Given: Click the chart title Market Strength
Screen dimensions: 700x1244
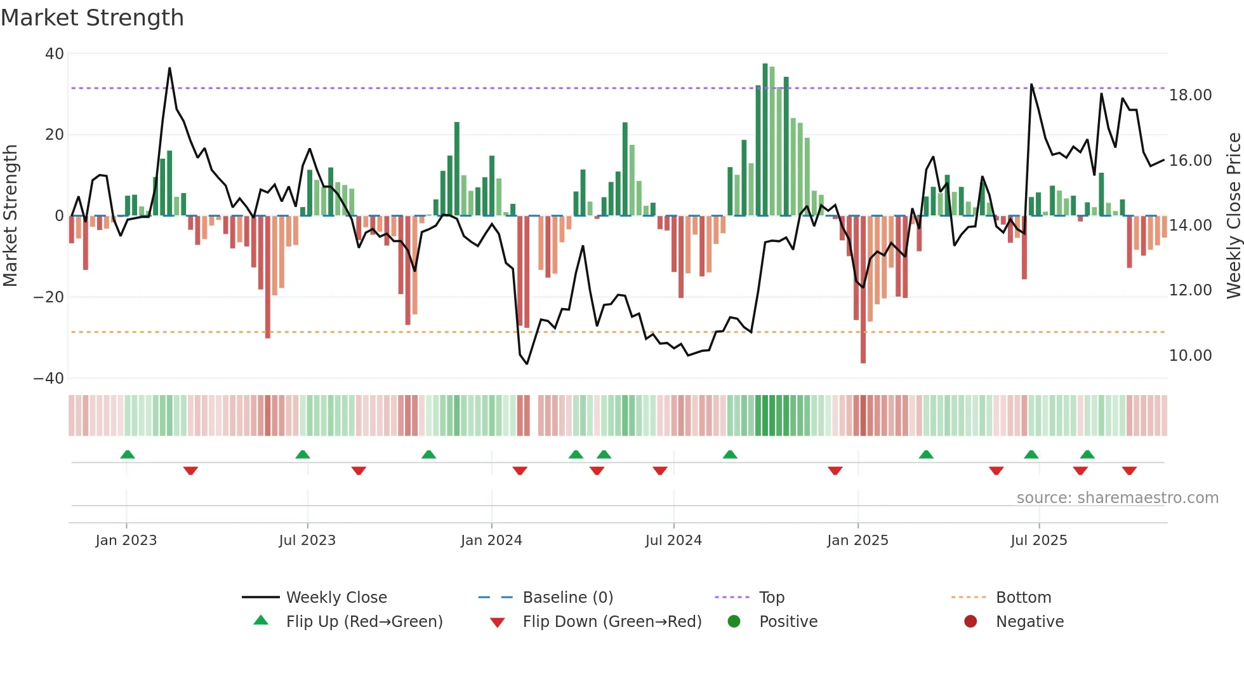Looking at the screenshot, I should coord(92,18).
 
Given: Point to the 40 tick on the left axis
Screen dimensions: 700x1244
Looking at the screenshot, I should coord(55,54).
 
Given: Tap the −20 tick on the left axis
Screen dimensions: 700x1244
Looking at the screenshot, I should coord(49,297).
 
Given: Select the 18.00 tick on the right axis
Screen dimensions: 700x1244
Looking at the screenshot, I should coord(1190,95).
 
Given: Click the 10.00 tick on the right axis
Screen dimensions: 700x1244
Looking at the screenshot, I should coord(1190,356).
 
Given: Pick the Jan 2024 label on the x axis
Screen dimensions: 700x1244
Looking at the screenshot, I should coord(491,541).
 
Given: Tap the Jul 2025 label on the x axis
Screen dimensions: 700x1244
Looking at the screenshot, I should coord(1038,541).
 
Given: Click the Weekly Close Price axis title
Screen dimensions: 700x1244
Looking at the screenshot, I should coord(1233,216).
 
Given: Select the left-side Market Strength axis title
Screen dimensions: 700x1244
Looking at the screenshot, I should coord(11,216).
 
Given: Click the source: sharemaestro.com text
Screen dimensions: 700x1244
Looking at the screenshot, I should coord(1117,498).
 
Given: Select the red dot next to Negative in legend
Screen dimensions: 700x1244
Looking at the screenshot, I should coord(970,622).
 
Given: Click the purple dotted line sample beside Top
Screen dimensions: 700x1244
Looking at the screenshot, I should coord(732,598).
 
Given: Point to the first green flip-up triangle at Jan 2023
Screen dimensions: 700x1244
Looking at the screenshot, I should coord(128,455).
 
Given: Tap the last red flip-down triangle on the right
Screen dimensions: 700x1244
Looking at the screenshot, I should coord(1129,471).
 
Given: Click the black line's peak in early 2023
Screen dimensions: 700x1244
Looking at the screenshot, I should coord(169,69).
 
